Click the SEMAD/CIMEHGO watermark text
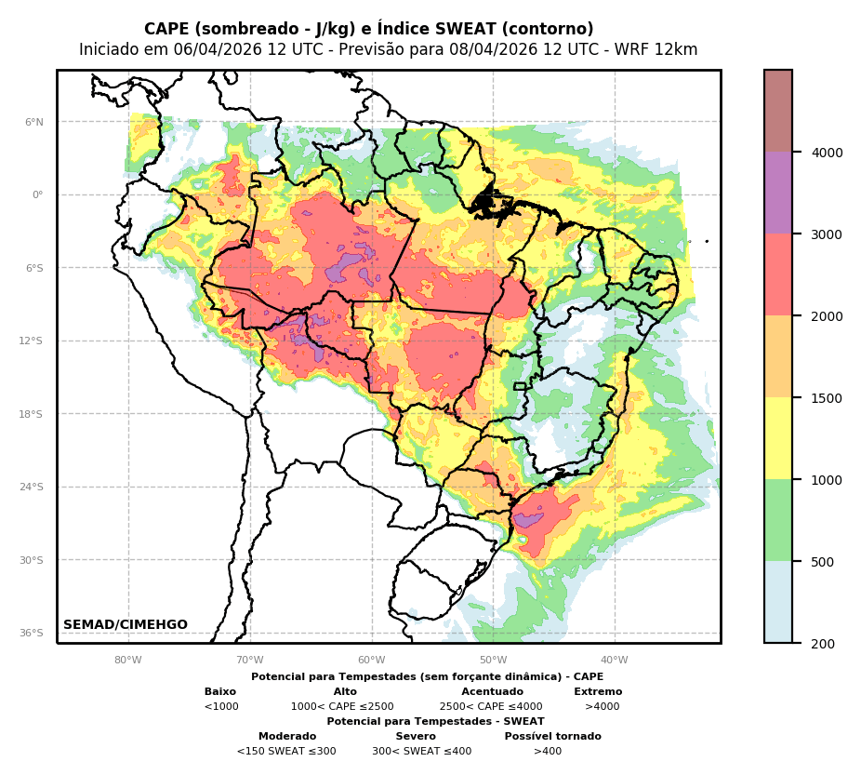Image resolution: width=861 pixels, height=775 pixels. pyautogui.click(x=126, y=625)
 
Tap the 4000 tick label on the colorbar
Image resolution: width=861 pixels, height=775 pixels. pyautogui.click(x=828, y=152)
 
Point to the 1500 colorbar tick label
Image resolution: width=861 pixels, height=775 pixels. pyautogui.click(x=828, y=398)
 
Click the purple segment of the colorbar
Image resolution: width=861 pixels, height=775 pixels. pyautogui.click(x=778, y=193)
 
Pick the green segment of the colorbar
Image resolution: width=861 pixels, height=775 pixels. pyautogui.click(x=778, y=520)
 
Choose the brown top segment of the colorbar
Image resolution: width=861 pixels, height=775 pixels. pyautogui.click(x=778, y=111)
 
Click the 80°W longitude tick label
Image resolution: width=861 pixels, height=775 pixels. pyautogui.click(x=128, y=661)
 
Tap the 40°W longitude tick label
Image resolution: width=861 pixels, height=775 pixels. pyautogui.click(x=615, y=661)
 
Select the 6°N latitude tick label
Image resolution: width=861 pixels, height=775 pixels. pyautogui.click(x=34, y=122)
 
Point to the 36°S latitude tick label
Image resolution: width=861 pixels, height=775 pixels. pyautogui.click(x=33, y=634)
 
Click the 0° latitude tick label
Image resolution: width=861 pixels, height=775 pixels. pyautogui.click(x=38, y=195)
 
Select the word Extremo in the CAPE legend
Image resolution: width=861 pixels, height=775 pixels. pyautogui.click(x=598, y=692)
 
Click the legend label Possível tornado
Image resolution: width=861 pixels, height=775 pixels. pyautogui.click(x=552, y=737)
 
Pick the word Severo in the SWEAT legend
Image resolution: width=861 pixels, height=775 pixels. pyautogui.click(x=416, y=737)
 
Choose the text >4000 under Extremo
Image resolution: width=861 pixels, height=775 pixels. pyautogui.click(x=602, y=707)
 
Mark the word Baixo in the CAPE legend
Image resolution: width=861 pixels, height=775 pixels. pyautogui.click(x=220, y=692)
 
